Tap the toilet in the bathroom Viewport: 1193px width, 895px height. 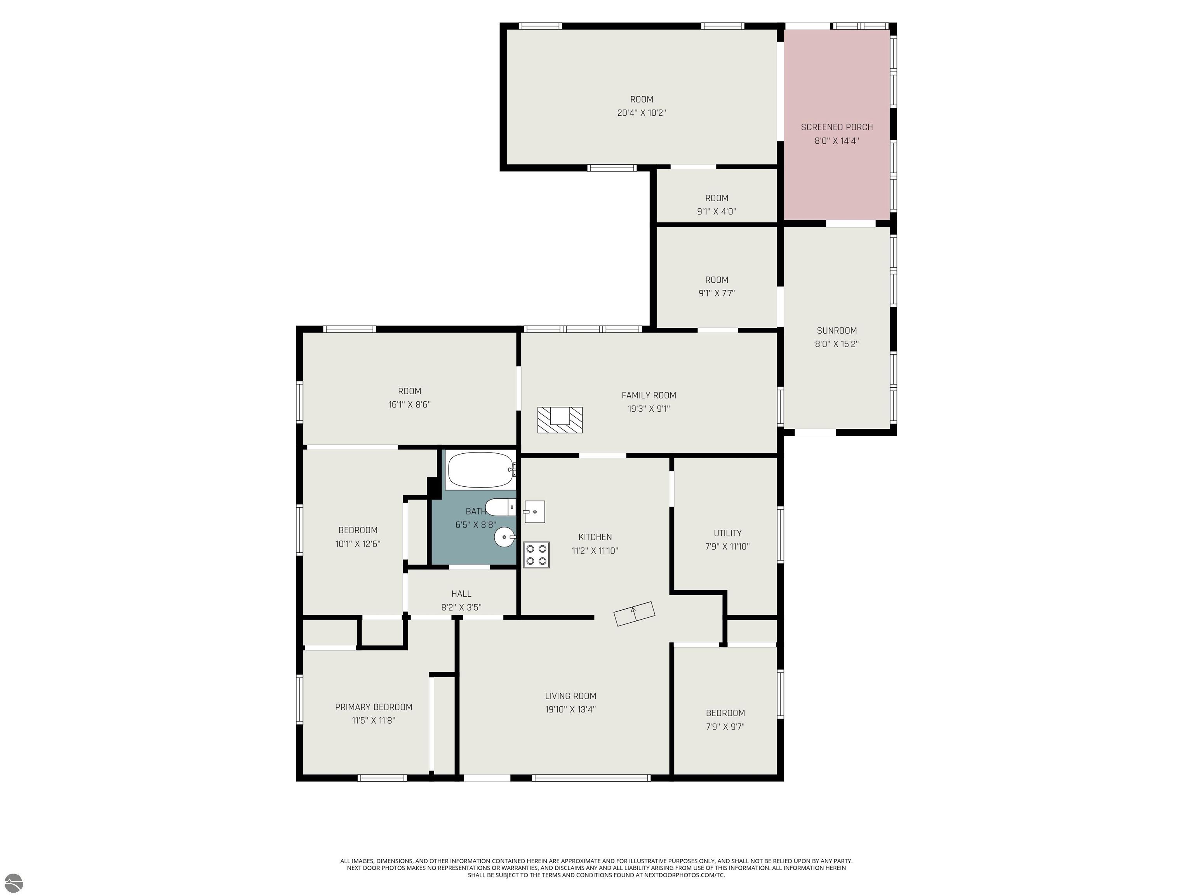pos(500,507)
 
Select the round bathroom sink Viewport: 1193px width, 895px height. pos(505,537)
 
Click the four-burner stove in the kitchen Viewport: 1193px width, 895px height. pos(536,555)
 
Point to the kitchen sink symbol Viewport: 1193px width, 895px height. pos(534,512)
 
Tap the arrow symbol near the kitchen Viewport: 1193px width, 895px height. pos(634,613)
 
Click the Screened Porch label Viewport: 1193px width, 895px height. pos(836,127)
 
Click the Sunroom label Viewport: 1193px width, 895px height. pos(836,331)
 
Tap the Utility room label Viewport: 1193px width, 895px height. pos(727,533)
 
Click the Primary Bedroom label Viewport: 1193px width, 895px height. pos(373,707)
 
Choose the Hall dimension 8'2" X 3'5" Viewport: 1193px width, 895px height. pos(461,608)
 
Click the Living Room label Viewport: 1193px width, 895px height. pos(570,696)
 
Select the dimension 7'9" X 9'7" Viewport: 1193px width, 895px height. pos(725,727)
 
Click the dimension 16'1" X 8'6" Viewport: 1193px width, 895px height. pos(409,405)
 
